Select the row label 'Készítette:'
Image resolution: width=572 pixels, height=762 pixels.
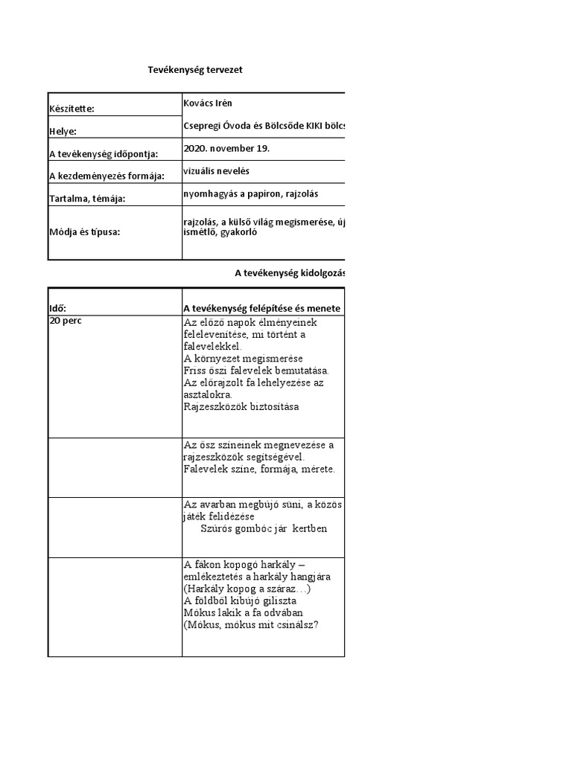point(72,109)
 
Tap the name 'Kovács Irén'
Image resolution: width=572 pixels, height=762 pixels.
point(212,103)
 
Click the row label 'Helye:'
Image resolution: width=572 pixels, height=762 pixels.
point(63,132)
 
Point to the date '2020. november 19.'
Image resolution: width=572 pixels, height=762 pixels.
point(226,148)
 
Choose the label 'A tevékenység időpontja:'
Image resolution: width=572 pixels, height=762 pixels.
point(104,154)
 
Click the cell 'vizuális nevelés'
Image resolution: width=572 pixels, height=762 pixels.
point(216,170)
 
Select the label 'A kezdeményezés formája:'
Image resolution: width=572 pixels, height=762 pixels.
point(106,176)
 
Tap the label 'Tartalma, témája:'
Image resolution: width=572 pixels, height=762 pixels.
point(86,199)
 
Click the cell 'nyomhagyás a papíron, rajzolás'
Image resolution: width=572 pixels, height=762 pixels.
point(250,193)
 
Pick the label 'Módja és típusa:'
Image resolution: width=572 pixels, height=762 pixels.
point(83,231)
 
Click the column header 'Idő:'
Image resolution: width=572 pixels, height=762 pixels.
point(62,308)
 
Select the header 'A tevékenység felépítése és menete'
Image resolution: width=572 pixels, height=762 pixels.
point(261,308)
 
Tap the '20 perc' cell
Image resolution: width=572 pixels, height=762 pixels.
point(66,321)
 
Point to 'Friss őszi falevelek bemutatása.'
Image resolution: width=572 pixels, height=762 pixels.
point(255,371)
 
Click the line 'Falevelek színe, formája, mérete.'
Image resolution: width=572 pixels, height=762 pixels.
point(259,470)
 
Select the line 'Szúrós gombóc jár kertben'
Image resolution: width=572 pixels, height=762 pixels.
point(264,529)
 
